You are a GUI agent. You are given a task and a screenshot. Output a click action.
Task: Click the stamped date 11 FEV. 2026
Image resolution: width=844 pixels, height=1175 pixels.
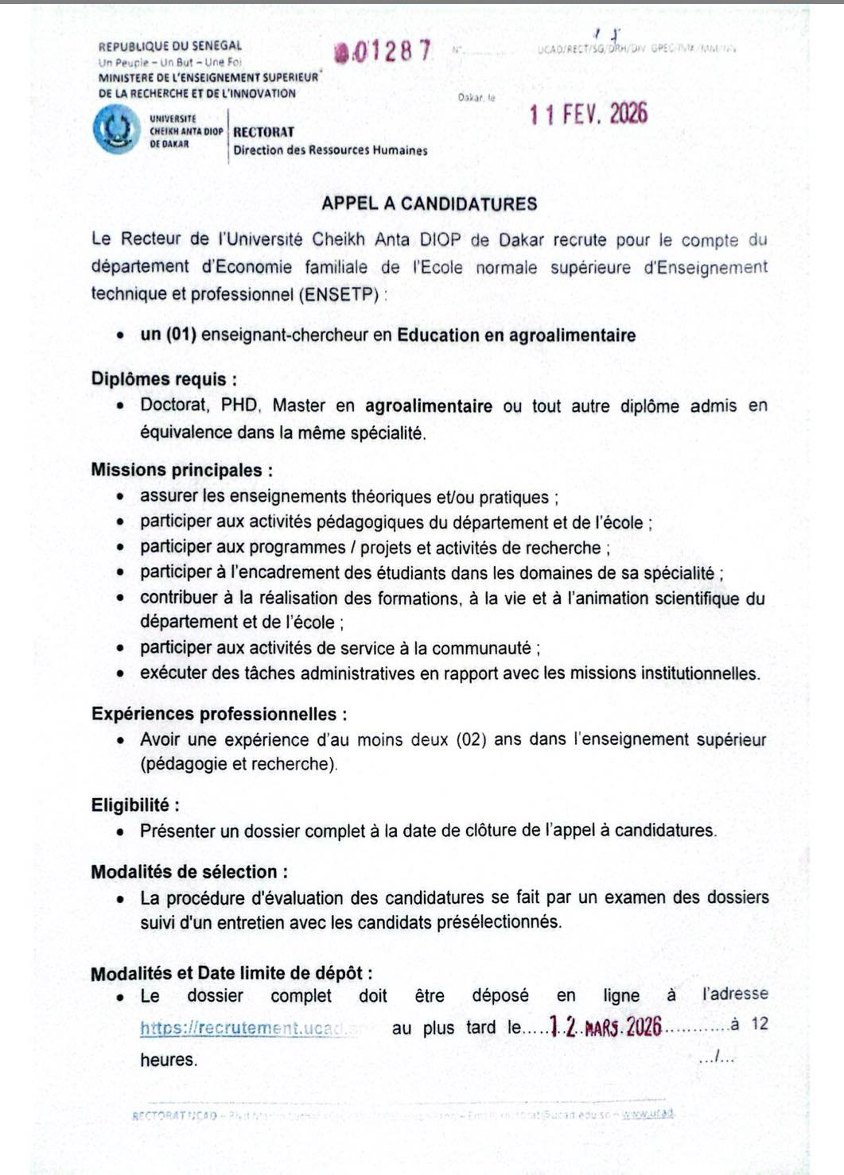coord(589,114)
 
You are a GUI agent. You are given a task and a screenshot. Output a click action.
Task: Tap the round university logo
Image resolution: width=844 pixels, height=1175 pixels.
coord(116,130)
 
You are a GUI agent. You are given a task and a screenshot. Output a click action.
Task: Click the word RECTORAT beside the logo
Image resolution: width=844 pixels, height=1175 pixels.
coord(263,132)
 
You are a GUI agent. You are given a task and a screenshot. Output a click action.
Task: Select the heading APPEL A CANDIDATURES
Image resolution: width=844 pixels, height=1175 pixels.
coord(429,204)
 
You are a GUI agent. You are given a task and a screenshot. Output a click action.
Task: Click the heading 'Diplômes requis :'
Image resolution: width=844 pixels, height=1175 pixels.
coord(164,379)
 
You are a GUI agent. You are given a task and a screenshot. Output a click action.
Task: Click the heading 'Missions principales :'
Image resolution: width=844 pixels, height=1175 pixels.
coord(182,470)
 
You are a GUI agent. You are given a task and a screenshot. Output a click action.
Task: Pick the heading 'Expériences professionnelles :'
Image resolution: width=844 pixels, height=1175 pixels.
coord(219,714)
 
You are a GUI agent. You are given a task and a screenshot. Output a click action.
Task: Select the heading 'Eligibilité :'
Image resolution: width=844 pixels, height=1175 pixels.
coord(135,805)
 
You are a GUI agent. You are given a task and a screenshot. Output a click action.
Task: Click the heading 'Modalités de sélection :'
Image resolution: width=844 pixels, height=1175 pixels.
coord(189,872)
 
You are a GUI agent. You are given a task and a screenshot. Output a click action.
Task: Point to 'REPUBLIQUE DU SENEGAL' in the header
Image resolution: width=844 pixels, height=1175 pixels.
coord(169,46)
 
